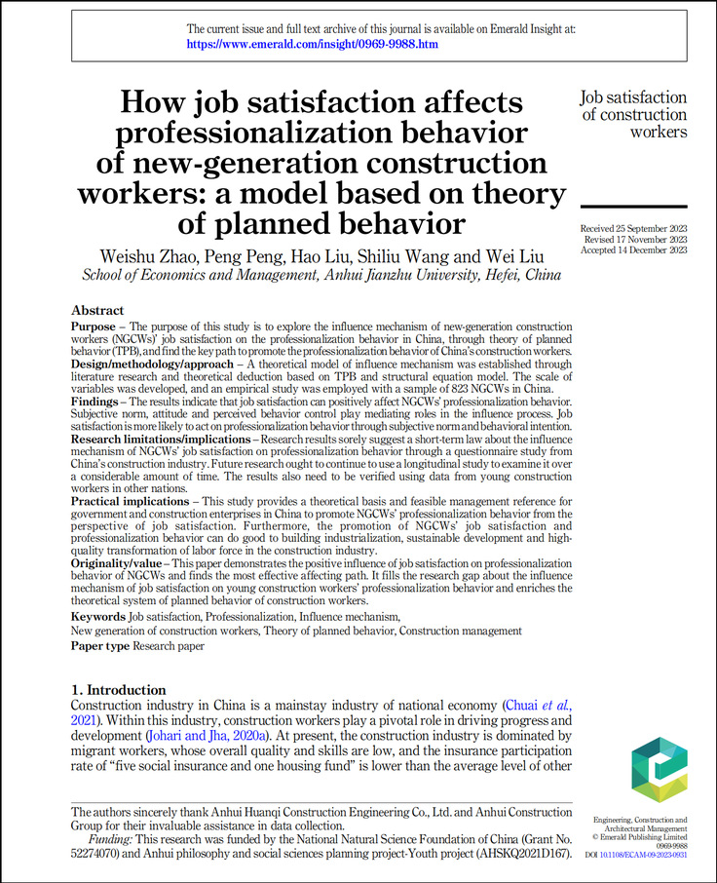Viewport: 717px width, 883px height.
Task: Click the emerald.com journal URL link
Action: coord(312,45)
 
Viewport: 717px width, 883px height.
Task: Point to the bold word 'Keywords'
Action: coord(98,617)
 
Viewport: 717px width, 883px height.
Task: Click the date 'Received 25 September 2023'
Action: coord(634,229)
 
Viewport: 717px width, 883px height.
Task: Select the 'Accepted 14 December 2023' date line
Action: coord(634,250)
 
